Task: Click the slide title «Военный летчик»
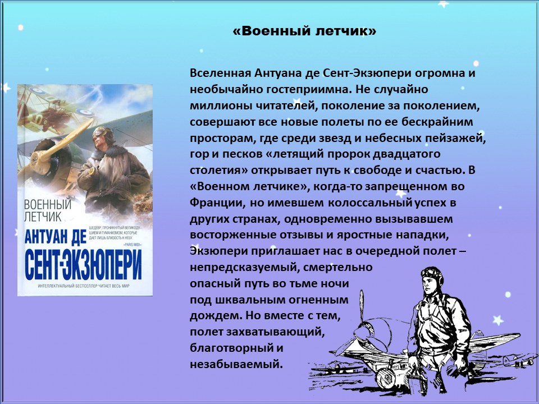(x=304, y=31)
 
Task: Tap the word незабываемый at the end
(x=236, y=364)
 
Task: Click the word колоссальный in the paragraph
(x=370, y=203)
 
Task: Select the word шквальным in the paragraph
(x=252, y=300)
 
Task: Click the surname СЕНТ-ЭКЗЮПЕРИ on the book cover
(x=83, y=265)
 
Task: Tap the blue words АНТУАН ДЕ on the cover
(x=56, y=237)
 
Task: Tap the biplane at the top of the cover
(x=55, y=105)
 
